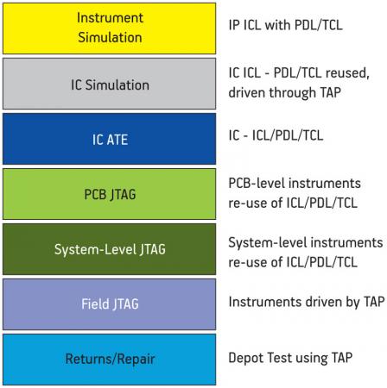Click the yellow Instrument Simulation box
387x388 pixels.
tap(109, 28)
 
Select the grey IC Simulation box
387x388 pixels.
tap(109, 84)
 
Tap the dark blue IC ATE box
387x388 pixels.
tap(109, 139)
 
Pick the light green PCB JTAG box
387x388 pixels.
tap(109, 194)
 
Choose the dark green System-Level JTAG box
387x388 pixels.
tap(109, 249)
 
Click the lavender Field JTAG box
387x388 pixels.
tap(109, 304)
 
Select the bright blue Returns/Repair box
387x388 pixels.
tap(109, 360)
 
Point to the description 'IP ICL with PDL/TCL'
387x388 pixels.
tap(285, 25)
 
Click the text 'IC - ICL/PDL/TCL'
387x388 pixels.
tap(276, 135)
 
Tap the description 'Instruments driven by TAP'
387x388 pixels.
tap(307, 302)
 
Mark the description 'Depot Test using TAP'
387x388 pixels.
tap(290, 358)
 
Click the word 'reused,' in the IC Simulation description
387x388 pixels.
tap(347, 73)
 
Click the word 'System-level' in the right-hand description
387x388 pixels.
tap(265, 243)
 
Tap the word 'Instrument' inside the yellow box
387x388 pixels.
tap(110, 18)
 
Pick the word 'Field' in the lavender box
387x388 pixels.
tap(94, 304)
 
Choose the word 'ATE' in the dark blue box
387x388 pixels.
tap(117, 140)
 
